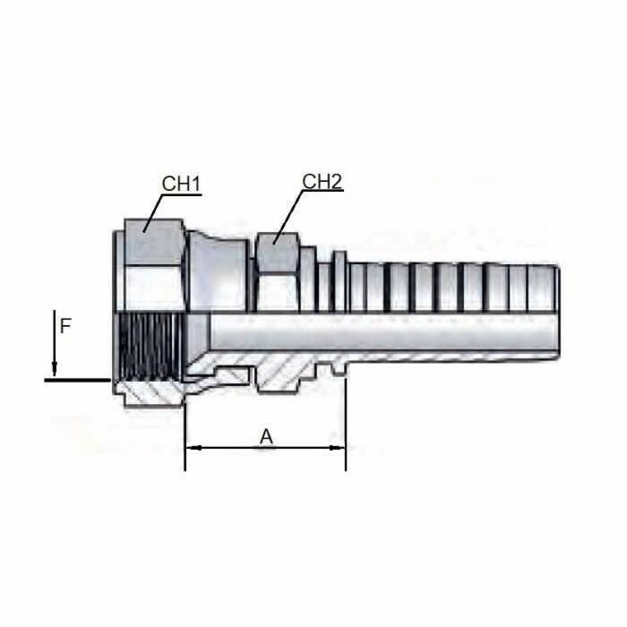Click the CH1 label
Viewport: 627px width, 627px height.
coord(181,184)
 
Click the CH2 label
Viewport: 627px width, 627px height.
coord(322,181)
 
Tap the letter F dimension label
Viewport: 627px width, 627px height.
coord(65,327)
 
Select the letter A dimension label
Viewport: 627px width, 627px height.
coord(266,437)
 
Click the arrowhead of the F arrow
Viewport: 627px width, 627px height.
coord(55,369)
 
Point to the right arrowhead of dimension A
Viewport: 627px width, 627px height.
coord(337,448)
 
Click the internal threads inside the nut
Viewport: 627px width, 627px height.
coord(150,347)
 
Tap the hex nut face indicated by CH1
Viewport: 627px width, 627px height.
coord(153,242)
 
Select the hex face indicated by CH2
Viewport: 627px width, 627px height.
coord(277,253)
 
